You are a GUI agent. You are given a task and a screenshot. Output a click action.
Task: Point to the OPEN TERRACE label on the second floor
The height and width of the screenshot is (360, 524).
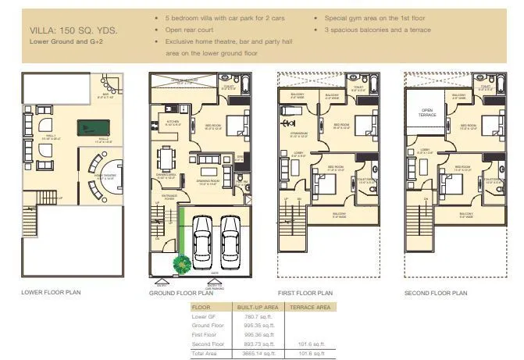pos(428,112)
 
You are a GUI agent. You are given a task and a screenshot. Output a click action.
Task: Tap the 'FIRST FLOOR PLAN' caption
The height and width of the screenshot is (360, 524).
pos(306,293)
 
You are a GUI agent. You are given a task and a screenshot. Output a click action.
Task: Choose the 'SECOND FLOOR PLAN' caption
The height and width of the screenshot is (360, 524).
pos(436,293)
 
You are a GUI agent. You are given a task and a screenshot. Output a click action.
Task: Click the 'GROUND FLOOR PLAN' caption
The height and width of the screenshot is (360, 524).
pos(180,294)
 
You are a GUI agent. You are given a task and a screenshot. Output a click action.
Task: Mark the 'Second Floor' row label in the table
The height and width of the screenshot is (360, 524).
pos(209,344)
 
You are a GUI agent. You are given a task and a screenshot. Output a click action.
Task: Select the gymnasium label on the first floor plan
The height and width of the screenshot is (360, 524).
pos(300,134)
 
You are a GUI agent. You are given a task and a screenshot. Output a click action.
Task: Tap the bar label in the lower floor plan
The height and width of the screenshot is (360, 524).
pos(106,94)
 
